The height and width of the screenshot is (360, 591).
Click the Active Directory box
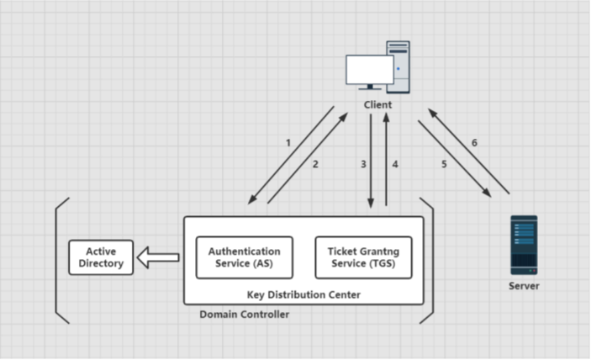pos(101,257)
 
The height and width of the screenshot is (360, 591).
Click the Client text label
pos(378,104)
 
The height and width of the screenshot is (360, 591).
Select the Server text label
pos(524,286)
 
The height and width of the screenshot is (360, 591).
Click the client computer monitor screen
pos(370,70)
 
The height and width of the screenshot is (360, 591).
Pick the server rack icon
pos(524,245)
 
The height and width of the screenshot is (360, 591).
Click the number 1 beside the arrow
pos(288,143)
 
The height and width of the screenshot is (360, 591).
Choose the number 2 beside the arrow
pos(315,164)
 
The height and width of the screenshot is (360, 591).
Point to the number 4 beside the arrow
pos(395,164)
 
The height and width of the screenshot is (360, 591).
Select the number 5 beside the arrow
pos(443,164)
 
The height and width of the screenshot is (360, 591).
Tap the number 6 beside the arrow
pos(474,143)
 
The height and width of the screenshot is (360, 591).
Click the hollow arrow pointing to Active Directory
pos(159,257)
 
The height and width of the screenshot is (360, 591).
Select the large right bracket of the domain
pos(428,261)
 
